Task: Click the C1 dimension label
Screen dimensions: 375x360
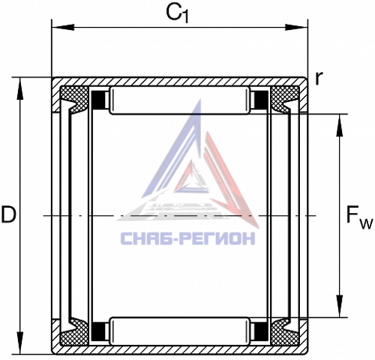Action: [177, 13]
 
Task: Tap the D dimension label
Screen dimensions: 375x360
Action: [8, 214]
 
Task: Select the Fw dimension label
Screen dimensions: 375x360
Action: [359, 217]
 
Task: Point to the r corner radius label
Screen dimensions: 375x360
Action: [319, 78]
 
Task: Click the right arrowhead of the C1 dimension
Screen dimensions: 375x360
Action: [296, 27]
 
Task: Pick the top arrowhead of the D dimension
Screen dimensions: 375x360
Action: [19, 88]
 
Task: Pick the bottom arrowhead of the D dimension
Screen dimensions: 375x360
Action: [19, 343]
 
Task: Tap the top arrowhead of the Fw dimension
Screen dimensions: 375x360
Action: [339, 125]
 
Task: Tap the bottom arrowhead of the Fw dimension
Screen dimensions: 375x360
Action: [339, 306]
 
